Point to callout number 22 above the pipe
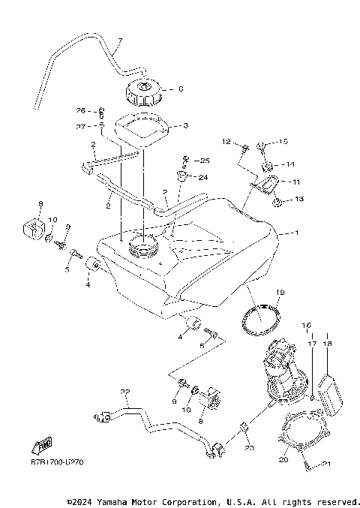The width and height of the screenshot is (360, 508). pyautogui.click(x=124, y=391)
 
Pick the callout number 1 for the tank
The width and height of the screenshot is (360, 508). pyautogui.click(x=296, y=233)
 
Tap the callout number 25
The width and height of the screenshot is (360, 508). pyautogui.click(x=205, y=161)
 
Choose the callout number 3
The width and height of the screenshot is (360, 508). pyautogui.click(x=185, y=126)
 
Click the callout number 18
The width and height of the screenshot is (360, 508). pyautogui.click(x=327, y=343)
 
